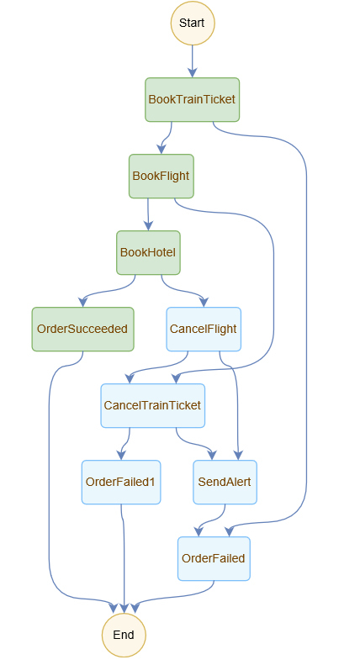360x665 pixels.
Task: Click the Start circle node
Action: click(x=193, y=23)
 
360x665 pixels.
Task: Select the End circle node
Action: click(x=124, y=635)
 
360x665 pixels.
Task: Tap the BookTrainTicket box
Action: click(x=193, y=100)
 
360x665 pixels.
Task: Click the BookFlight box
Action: click(x=161, y=176)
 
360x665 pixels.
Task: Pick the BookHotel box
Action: click(x=148, y=253)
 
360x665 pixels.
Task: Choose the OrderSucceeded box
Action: click(x=82, y=329)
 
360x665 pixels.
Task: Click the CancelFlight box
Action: click(x=204, y=329)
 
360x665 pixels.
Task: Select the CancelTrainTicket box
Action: click(x=153, y=405)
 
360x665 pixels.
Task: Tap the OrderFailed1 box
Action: click(x=121, y=483)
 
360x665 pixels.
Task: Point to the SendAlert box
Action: click(x=225, y=483)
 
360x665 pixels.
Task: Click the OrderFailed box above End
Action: click(x=214, y=558)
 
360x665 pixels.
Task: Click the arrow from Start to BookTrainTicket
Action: click(x=193, y=61)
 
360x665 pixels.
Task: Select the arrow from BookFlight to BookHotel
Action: click(x=148, y=214)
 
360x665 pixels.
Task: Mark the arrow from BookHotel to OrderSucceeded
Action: click(x=109, y=292)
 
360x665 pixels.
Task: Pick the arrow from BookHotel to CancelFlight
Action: click(x=183, y=292)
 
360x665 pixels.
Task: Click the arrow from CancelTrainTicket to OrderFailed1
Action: click(x=124, y=444)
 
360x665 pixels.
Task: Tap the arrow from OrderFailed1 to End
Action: click(x=124, y=558)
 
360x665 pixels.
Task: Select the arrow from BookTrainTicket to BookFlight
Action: click(x=166, y=138)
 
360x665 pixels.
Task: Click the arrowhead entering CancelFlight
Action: click(x=204, y=303)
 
